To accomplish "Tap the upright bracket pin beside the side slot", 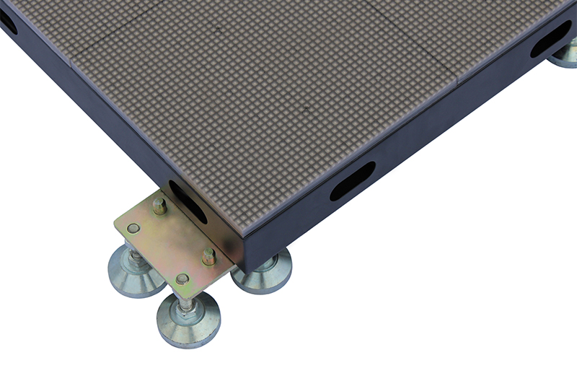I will coord(159,207).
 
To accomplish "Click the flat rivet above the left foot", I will coord(133,229).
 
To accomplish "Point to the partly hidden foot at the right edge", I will coord(564,56).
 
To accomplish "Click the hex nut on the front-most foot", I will coord(187,305).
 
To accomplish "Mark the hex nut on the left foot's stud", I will coord(134,256).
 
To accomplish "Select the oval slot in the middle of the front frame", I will coord(352,181).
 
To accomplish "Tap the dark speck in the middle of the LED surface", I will coord(306,110).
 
